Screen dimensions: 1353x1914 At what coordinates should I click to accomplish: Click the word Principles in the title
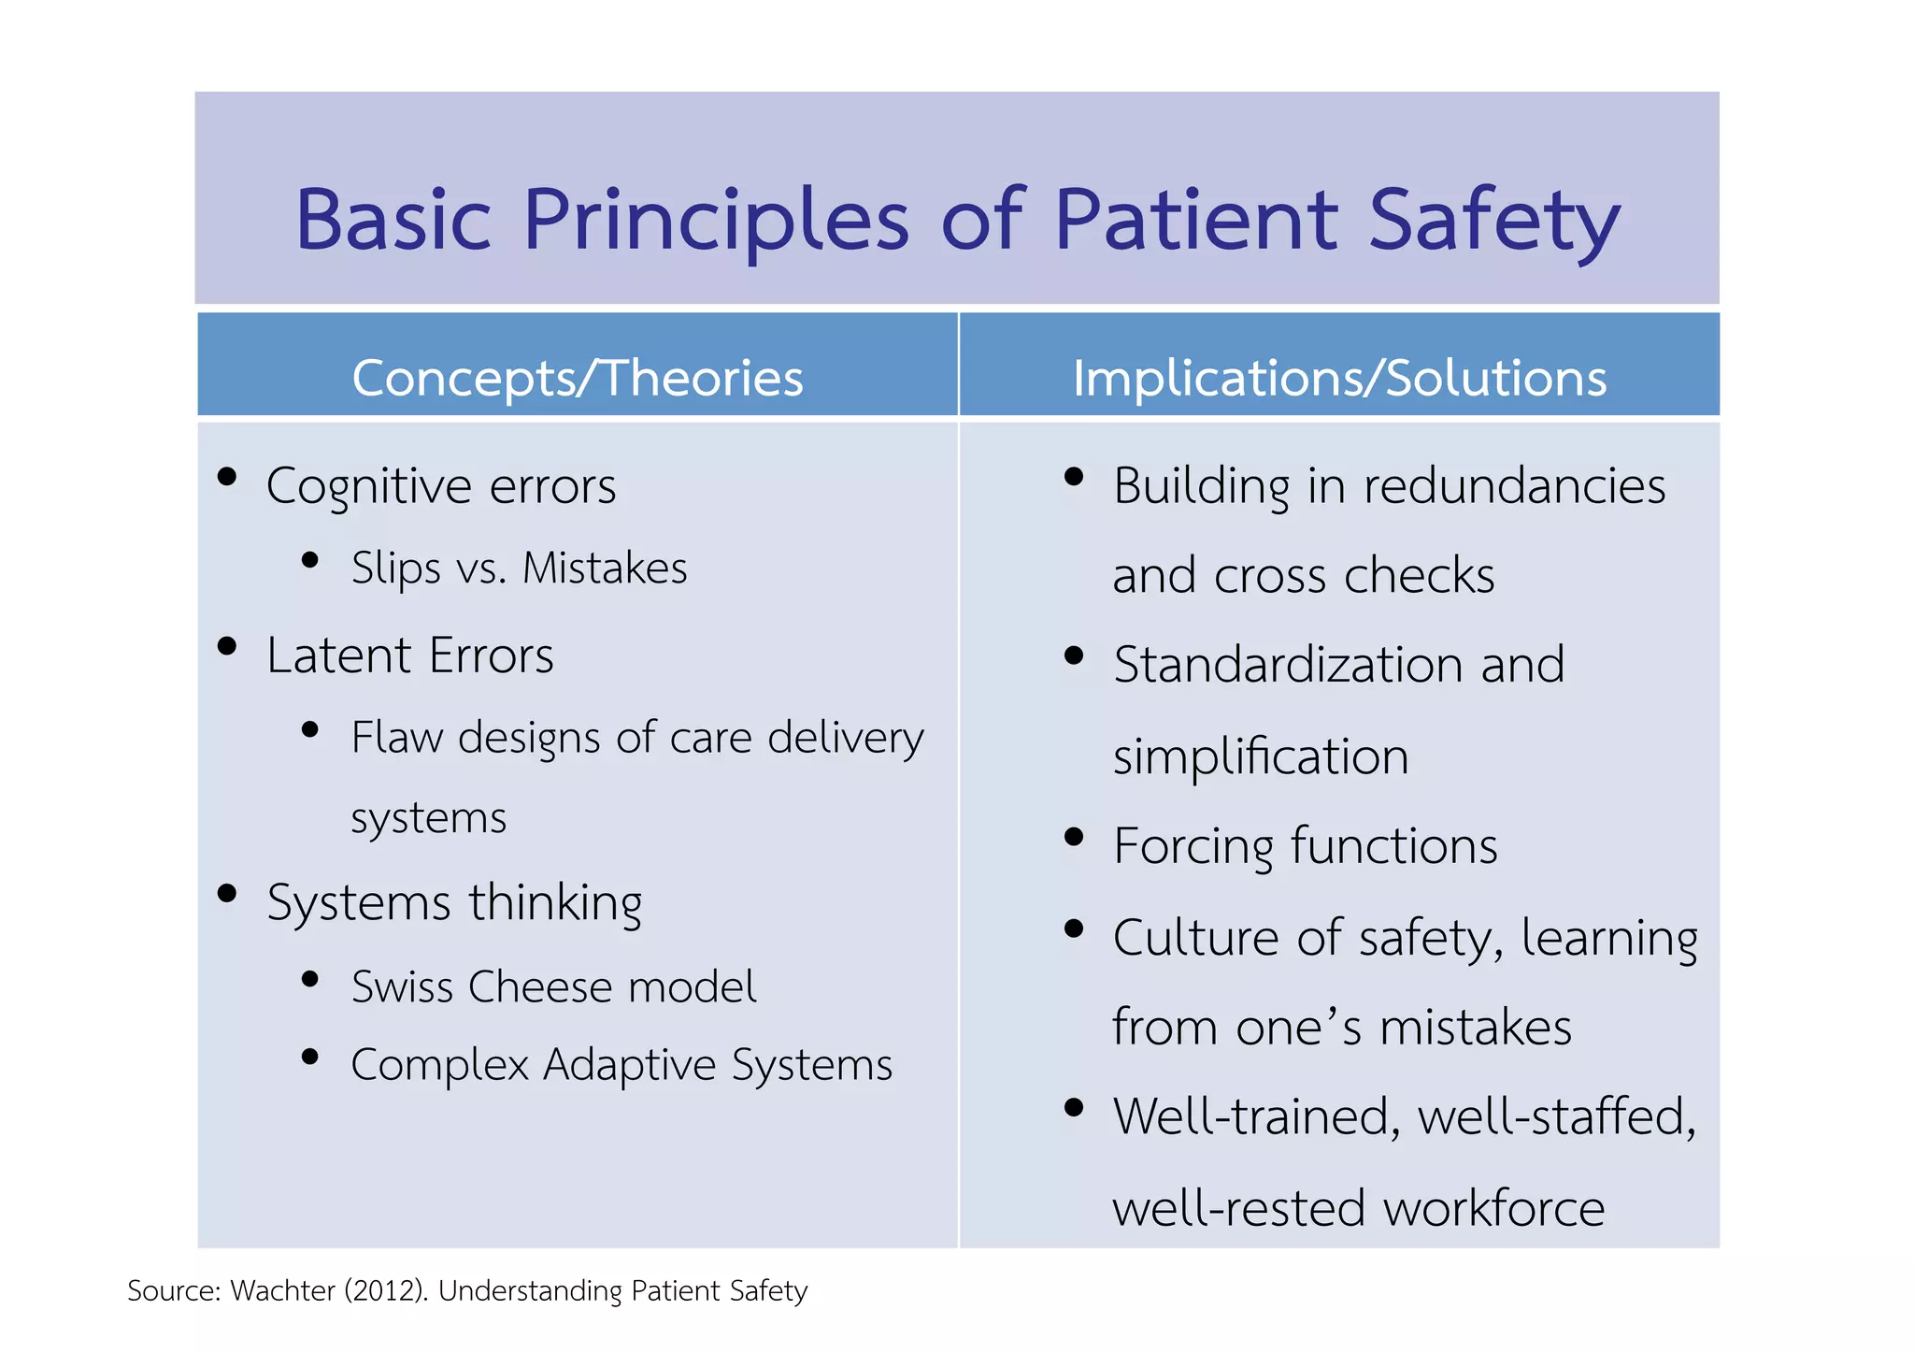715,221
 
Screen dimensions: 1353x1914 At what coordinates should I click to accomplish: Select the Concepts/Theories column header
578,378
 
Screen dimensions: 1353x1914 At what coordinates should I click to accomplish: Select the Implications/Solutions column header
1339,378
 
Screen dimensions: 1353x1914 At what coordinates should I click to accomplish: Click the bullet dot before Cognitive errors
226,477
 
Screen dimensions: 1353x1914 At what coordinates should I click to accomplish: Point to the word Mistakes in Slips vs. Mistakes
605,568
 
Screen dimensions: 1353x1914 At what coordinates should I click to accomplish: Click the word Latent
339,655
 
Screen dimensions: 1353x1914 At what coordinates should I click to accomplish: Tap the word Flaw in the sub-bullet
396,737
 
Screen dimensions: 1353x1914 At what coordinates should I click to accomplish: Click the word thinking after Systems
555,903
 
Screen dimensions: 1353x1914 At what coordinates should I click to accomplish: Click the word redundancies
1514,486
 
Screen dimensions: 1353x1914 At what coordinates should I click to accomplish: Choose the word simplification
1260,756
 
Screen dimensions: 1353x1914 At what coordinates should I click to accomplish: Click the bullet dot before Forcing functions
1074,837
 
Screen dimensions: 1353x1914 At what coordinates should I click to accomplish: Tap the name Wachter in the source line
282,1291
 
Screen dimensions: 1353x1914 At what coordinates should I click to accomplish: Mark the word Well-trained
1257,1117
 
